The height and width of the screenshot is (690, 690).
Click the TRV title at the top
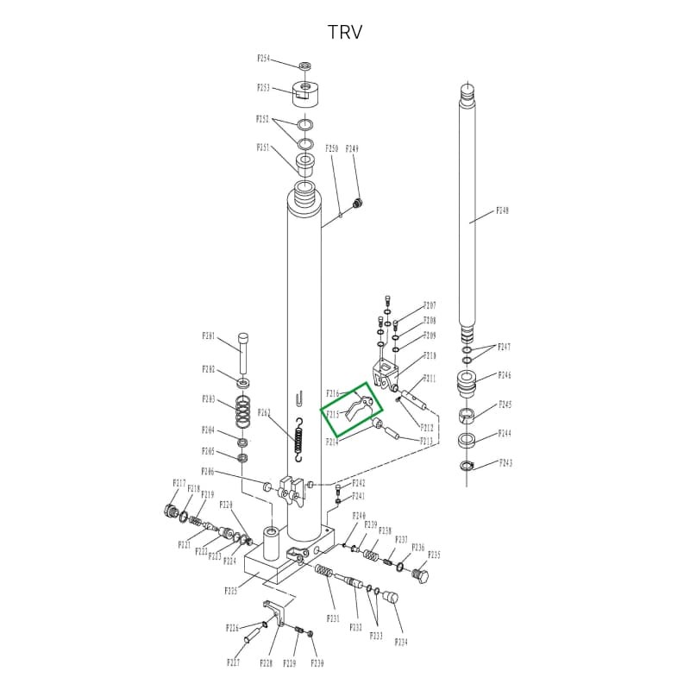point(345,33)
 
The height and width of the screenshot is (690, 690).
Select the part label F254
point(264,59)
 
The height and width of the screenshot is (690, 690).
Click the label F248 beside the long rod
point(503,210)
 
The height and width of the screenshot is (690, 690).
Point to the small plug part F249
point(359,203)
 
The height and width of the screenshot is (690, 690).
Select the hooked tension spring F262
point(298,439)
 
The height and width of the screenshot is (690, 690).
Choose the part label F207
point(430,306)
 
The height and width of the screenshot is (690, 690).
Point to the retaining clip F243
point(467,467)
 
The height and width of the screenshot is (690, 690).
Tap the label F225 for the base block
point(231,592)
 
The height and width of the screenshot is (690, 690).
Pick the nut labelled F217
point(169,511)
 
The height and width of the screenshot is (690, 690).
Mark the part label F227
point(233,662)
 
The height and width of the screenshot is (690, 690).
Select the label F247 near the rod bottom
point(505,347)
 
